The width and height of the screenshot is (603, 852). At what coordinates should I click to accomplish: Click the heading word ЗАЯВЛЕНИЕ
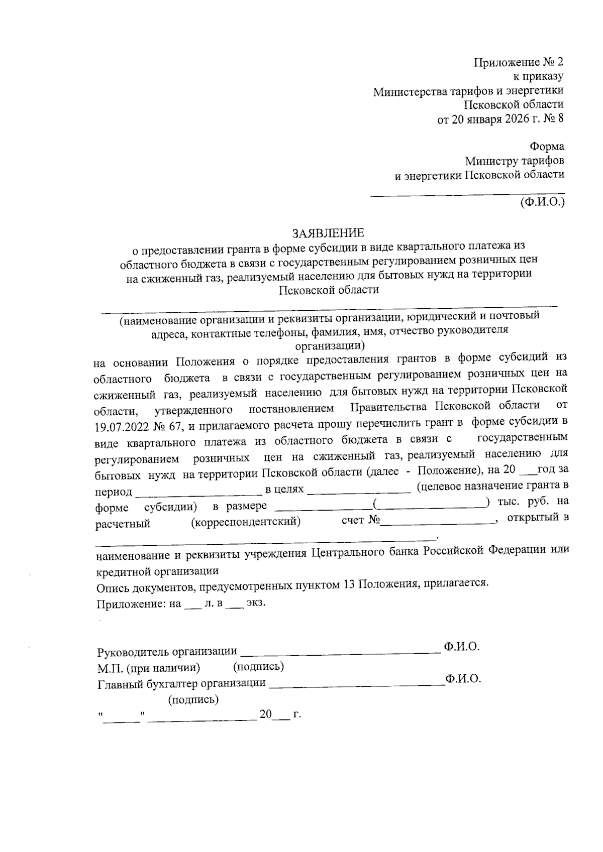(329, 233)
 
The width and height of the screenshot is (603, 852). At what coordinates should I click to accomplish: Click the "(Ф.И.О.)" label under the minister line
(543, 202)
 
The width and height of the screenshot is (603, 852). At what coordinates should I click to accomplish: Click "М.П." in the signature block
(108, 668)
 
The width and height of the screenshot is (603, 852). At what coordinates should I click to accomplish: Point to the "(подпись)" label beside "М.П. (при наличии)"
(258, 667)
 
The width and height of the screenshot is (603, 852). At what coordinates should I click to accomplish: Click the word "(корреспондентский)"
(246, 522)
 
